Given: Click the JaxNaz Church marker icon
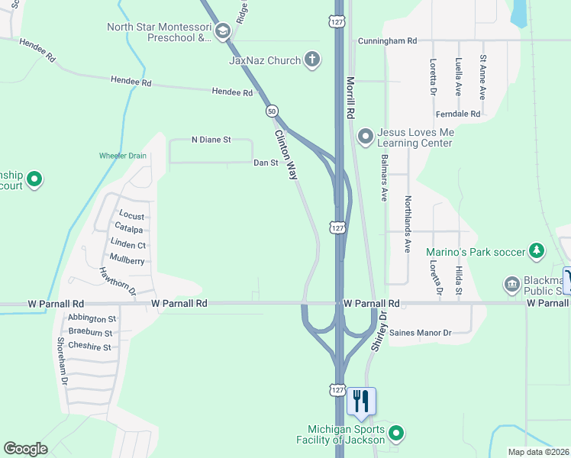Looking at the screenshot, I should click(x=311, y=59).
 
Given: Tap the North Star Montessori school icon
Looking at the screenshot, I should click(x=223, y=31).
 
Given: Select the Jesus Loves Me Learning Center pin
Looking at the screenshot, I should click(x=365, y=137).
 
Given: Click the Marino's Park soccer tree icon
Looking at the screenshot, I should click(x=537, y=250).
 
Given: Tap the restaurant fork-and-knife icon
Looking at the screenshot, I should click(x=360, y=401).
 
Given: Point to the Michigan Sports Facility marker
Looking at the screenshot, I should click(x=395, y=434).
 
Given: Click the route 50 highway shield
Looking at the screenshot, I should click(x=272, y=111).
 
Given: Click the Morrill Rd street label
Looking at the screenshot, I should click(x=351, y=96).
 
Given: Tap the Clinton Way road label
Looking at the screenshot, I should click(x=286, y=153).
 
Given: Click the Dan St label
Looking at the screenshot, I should click(x=265, y=163).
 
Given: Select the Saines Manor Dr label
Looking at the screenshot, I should click(x=421, y=333).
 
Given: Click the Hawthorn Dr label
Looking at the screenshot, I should click(x=117, y=281).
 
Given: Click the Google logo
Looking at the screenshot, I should click(x=25, y=449).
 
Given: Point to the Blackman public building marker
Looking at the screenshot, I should click(x=511, y=285).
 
